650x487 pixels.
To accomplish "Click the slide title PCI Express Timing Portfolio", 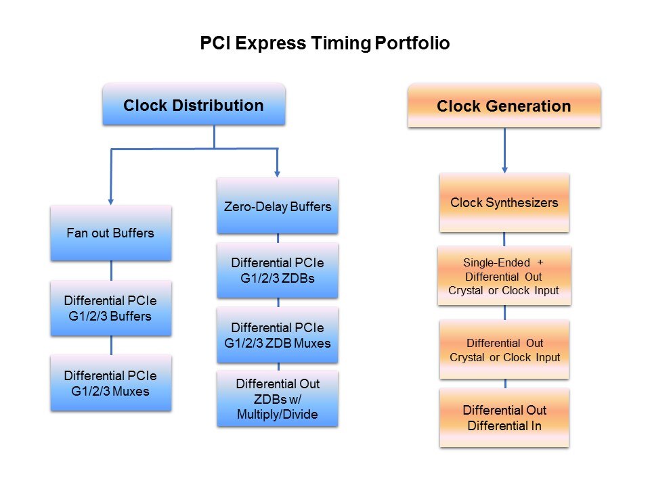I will pyautogui.click(x=325, y=44).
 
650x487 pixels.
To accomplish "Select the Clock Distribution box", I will pyautogui.click(x=194, y=105).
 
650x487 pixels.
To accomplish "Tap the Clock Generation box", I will pyautogui.click(x=504, y=106).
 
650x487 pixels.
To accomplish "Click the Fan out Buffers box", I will pyautogui.click(x=110, y=233).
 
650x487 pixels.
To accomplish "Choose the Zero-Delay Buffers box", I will pyautogui.click(x=278, y=206).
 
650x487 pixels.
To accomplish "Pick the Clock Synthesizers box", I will pyautogui.click(x=504, y=202).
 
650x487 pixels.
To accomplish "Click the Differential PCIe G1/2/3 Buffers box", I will pyautogui.click(x=110, y=308).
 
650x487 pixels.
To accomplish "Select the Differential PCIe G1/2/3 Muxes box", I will pyautogui.click(x=110, y=383).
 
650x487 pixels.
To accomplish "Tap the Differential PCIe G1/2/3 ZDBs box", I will pyautogui.click(x=278, y=270).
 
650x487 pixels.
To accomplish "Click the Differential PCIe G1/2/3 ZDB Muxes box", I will pyautogui.click(x=278, y=335).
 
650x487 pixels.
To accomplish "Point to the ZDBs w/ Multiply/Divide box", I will pyautogui.click(x=278, y=399).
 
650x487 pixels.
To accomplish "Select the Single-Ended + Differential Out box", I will pyautogui.click(x=504, y=276).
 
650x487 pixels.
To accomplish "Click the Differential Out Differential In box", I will pyautogui.click(x=504, y=417).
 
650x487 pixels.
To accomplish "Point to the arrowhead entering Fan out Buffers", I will pyautogui.click(x=111, y=201).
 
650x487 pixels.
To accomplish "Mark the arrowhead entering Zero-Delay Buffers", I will pyautogui.click(x=277, y=173).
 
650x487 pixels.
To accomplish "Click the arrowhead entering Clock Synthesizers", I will pyautogui.click(x=504, y=169).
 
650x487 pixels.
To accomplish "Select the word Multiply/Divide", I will pyautogui.click(x=278, y=414).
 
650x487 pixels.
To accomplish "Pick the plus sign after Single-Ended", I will pyautogui.click(x=540, y=262).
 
